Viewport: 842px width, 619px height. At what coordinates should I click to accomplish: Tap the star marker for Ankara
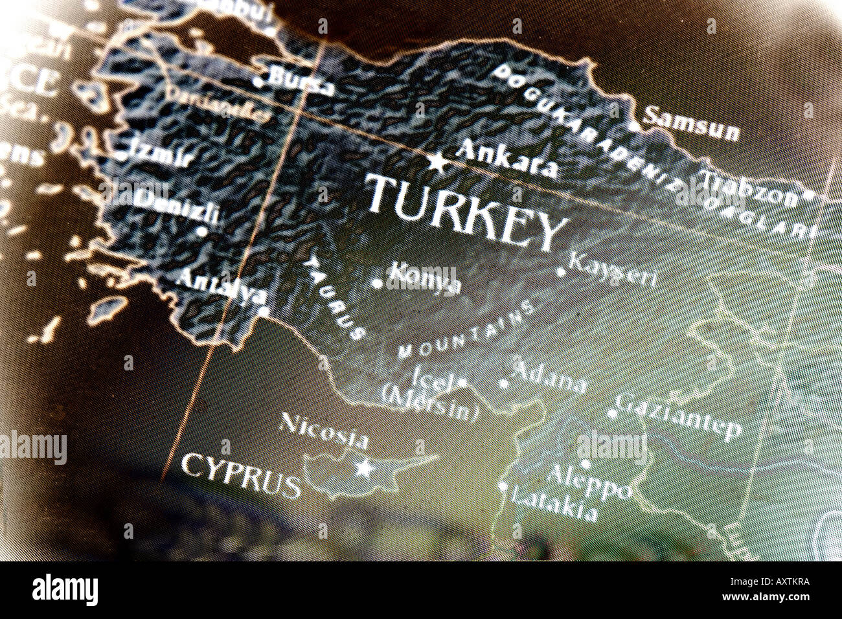438,162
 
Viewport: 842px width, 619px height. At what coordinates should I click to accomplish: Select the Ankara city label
506,159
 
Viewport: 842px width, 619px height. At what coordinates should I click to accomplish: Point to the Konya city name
424,280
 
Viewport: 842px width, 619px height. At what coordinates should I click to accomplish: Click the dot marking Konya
376,282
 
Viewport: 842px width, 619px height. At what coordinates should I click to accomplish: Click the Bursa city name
301,82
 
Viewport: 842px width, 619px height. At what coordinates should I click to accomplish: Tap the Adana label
549,377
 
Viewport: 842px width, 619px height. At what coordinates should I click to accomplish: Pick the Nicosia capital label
323,431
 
